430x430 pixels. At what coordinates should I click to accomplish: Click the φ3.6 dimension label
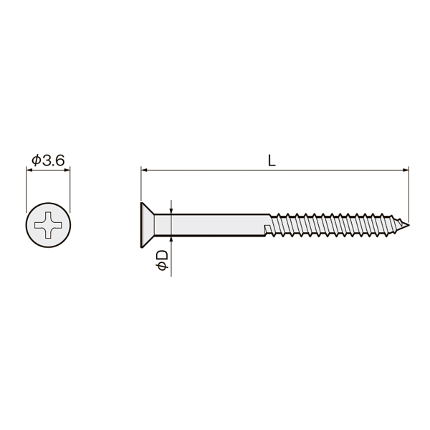coord(48,161)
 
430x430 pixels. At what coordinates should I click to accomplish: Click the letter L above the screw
coord(272,161)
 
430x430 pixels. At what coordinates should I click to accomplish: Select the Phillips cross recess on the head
coord(48,225)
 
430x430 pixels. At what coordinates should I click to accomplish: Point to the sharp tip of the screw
coord(409,225)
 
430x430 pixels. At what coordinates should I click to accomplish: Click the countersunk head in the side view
coord(148,225)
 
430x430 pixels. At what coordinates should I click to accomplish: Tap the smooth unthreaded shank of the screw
coord(211,225)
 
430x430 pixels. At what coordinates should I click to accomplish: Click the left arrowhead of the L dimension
coord(144,171)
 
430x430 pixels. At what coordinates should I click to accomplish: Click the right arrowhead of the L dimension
coord(406,171)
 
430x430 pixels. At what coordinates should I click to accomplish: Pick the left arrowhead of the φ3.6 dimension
coord(29,171)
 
